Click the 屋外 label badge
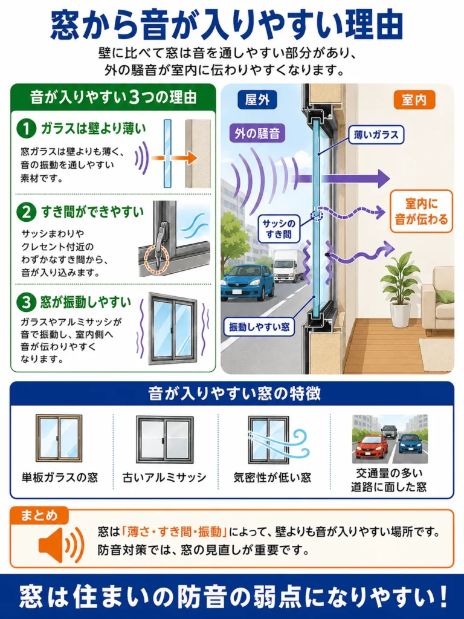click(x=257, y=100)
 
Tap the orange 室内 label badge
click(x=414, y=100)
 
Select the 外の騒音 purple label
click(x=257, y=134)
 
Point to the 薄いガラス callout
click(x=376, y=135)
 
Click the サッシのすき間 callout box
click(x=279, y=228)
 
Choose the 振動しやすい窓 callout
click(x=259, y=327)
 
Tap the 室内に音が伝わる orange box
click(x=421, y=212)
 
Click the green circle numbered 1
click(x=27, y=128)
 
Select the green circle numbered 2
click(x=27, y=212)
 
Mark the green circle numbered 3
click(x=27, y=302)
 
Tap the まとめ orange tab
click(x=39, y=515)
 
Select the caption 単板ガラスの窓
click(x=60, y=478)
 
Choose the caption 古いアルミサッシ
click(x=164, y=478)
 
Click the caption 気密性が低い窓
click(x=272, y=478)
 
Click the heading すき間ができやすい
click(x=92, y=212)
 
